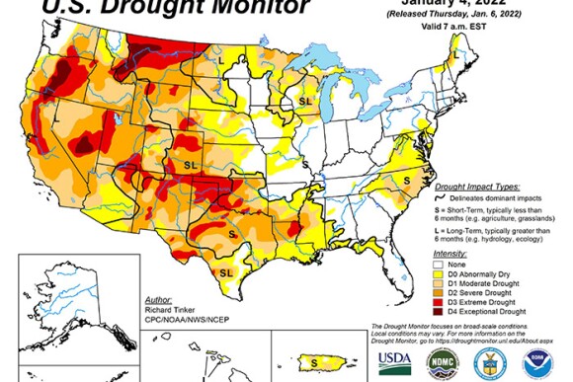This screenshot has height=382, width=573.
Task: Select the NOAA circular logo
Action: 537,361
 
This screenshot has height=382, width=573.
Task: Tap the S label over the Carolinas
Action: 407,180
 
